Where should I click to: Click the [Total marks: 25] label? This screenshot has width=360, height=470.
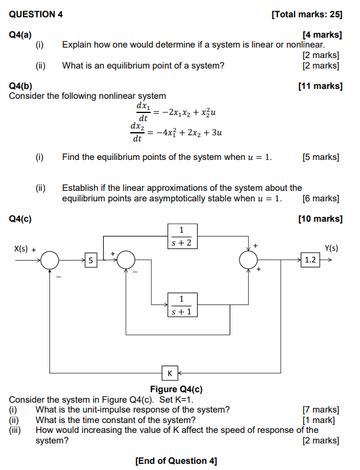306,14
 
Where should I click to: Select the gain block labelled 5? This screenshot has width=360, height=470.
91,261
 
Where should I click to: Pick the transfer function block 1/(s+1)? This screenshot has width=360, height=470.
181,306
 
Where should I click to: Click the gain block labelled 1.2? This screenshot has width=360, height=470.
311,261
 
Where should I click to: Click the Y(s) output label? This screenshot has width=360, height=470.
332,248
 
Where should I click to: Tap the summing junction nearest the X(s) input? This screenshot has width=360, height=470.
50,261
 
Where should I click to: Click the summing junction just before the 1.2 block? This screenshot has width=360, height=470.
249,261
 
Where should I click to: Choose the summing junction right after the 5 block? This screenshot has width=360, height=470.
127,261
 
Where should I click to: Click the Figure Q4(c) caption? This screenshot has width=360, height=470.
176,389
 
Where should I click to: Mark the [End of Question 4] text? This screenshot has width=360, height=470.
176,461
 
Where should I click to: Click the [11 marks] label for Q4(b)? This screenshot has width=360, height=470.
320,86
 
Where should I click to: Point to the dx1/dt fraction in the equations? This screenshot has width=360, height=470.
143,112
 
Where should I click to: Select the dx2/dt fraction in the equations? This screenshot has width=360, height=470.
137,132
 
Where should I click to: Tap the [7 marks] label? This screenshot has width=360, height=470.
320,409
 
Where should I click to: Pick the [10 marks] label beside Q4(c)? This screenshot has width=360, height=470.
320,219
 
